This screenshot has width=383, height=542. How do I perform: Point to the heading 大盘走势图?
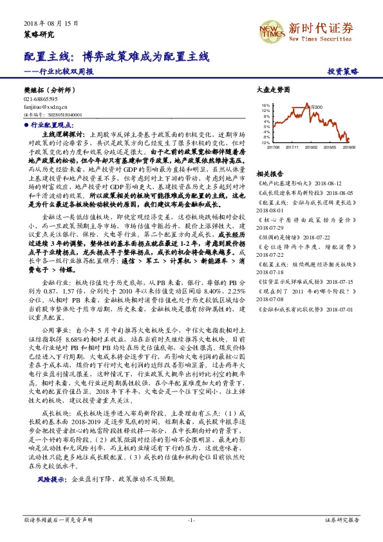coord(274,89)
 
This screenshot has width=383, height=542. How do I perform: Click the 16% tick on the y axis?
coord(265,104)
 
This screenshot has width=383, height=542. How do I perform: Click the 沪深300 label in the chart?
coord(314,107)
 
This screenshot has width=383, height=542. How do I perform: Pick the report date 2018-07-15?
coord(338,281)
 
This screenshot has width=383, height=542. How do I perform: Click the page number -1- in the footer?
coord(191,519)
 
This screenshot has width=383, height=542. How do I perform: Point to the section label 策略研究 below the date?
coord(39,33)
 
